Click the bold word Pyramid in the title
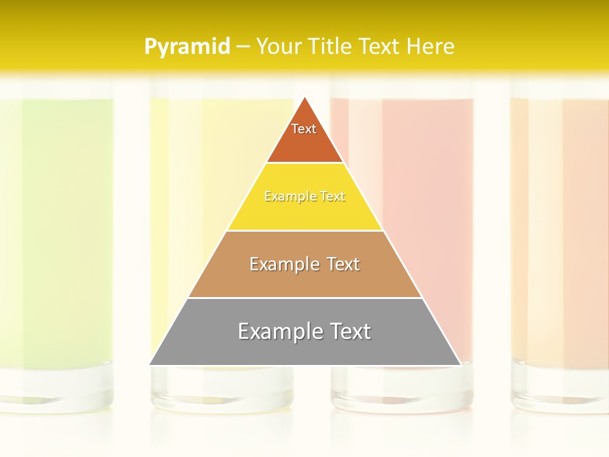pos(187,46)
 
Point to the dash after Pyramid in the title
pos(242,47)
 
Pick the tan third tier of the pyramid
pos(304,279)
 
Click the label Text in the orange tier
pos(304,129)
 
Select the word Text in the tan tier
pos(339,264)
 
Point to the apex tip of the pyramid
pos(305,98)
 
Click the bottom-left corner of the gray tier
pos(150,364)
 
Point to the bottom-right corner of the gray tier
pos(460,364)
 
